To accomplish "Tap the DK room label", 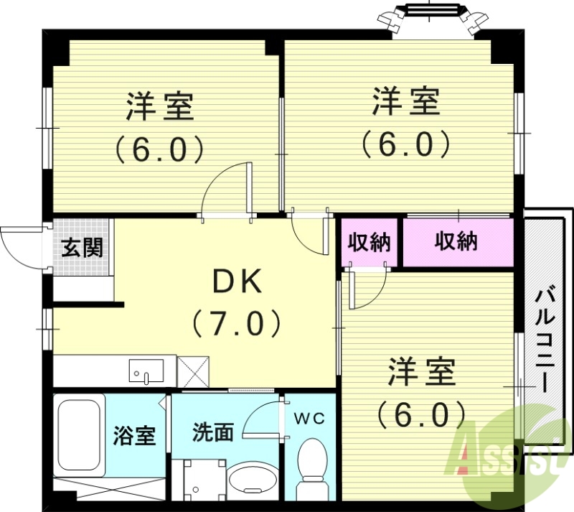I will click(237, 282).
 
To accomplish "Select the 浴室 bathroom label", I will click(135, 434).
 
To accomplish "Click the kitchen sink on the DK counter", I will click(146, 371).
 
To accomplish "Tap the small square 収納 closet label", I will click(369, 243).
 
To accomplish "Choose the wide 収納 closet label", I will click(456, 242).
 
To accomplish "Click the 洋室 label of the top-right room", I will click(405, 101).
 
